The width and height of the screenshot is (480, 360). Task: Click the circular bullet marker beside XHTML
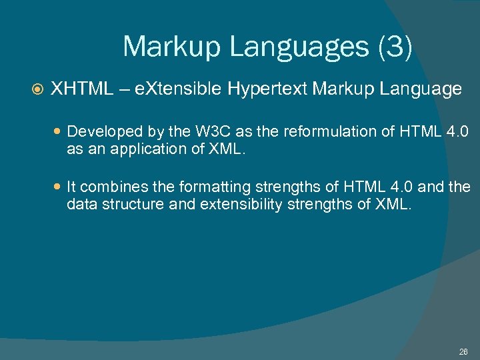pyautogui.click(x=37, y=89)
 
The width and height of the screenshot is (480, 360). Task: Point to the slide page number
pyautogui.click(x=463, y=351)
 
